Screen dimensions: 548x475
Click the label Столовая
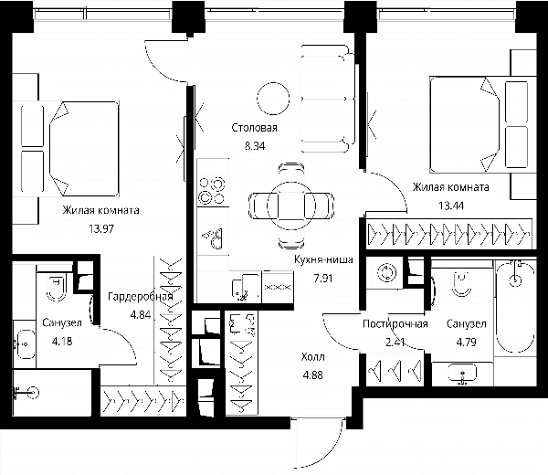tap(255, 128)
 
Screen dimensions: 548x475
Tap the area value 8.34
tap(255, 146)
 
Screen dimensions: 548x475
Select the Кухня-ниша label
tap(323, 259)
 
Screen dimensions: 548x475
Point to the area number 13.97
tap(101, 229)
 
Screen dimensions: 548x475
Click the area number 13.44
tap(451, 206)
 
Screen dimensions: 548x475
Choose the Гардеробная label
tap(141, 297)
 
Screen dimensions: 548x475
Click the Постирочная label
tap(395, 324)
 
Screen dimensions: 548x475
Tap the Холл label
tap(312, 357)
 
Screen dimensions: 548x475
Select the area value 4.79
tap(466, 342)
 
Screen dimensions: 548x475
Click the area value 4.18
tap(62, 341)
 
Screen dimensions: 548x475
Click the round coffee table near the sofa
tap(273, 99)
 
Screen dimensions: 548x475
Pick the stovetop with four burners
tap(213, 191)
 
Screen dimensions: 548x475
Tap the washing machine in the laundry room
tap(385, 272)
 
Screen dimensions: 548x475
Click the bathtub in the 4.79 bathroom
tap(515, 307)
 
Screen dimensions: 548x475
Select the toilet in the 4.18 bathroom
tap(57, 288)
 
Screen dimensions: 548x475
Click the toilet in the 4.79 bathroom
tap(461, 283)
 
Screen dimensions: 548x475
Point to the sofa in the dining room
tap(328, 99)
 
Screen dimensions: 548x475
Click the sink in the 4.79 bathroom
tap(462, 374)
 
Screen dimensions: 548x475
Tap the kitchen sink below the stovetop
tap(214, 238)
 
